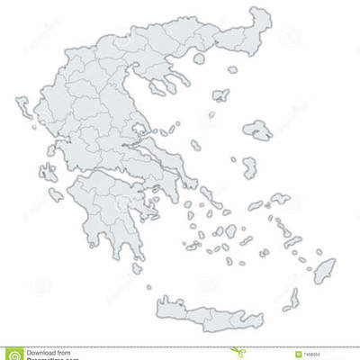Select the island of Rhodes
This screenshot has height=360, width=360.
pyautogui.click(x=324, y=269)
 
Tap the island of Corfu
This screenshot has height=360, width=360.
pyautogui.click(x=22, y=111)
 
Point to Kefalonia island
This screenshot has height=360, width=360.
pyautogui.click(x=47, y=171)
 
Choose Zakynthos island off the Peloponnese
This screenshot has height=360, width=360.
pyautogui.click(x=56, y=194)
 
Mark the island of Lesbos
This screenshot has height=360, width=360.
pyautogui.click(x=258, y=130)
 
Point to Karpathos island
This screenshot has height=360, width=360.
pyautogui.click(x=292, y=299)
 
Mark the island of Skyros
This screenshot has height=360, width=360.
pyautogui.click(x=196, y=145)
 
